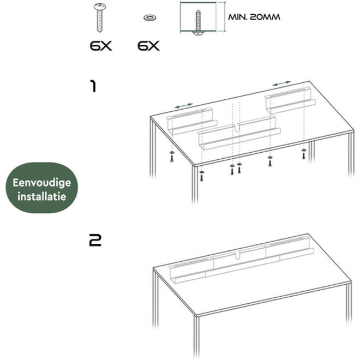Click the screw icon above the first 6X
click(99, 17)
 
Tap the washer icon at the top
click(149, 17)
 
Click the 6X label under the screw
click(100, 46)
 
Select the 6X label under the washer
click(148, 46)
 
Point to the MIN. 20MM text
click(254, 17)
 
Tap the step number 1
click(93, 86)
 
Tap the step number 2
click(95, 241)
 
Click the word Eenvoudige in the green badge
click(42, 183)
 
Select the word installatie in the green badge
click(42, 196)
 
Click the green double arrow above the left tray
click(184, 106)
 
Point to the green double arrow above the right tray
click(281, 83)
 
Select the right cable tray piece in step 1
click(290, 100)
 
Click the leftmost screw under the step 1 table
click(172, 157)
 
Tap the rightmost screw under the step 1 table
click(304, 154)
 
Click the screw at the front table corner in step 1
click(202, 176)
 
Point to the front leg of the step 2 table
click(196, 338)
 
